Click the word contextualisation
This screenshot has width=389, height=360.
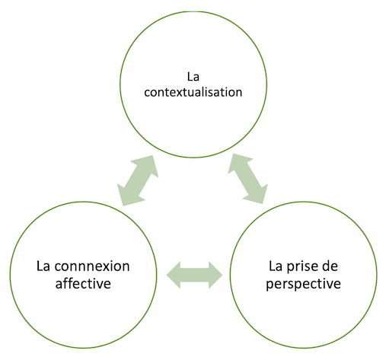pos(193,92)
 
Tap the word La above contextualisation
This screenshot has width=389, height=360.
pos(193,77)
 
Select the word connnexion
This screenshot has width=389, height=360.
pos(92,266)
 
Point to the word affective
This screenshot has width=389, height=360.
pos(83,283)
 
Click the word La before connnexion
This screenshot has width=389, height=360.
pos(43,266)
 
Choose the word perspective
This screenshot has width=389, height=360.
pos(304,284)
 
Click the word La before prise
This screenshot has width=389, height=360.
pos(276,266)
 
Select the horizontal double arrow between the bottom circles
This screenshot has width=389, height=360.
pos(195,275)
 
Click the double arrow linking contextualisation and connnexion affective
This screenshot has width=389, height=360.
pos(138,180)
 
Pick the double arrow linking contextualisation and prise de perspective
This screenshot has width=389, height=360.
pos(248,179)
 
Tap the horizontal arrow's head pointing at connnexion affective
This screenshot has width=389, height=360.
pos(174,275)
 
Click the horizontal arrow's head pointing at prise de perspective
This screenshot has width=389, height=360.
pos(215,275)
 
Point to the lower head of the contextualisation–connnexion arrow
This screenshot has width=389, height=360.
pos(127,196)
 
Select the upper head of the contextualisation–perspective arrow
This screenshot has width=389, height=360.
pos(238,163)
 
